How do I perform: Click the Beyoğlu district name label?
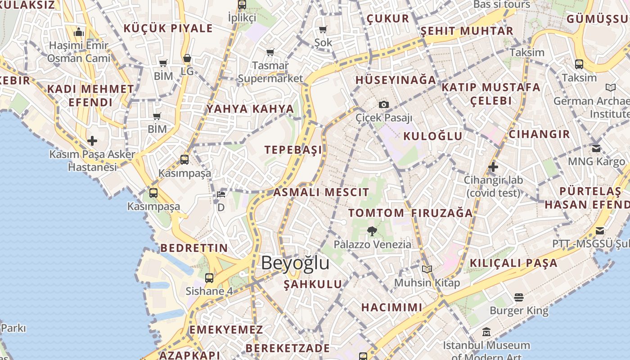tap(295, 263)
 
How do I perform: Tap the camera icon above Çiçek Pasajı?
tap(383, 105)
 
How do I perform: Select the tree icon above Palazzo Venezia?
tap(372, 231)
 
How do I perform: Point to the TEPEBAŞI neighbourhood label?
tap(293, 150)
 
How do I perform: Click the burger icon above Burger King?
tap(519, 297)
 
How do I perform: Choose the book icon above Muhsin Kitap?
tap(427, 270)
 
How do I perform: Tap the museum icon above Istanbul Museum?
tap(486, 332)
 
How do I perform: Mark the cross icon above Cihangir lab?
tap(493, 167)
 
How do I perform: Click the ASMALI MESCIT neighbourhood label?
tap(321, 193)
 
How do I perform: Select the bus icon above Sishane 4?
tap(209, 278)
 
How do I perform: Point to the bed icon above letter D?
tap(221, 194)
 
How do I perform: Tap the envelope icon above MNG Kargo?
tap(596, 148)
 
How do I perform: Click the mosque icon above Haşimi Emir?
tap(79, 32)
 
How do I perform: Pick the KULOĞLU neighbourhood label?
tap(433, 136)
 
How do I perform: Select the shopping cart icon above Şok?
tap(323, 30)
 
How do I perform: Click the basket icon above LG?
tap(187, 58)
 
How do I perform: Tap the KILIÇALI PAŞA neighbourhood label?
tap(514, 263)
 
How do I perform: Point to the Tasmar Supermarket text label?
tap(270, 72)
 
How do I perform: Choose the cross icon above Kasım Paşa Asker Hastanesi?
tap(92, 141)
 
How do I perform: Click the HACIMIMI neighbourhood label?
tap(392, 307)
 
